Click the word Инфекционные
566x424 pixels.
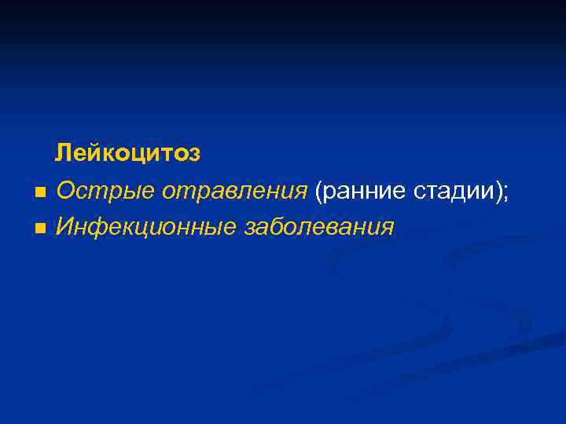click(146, 228)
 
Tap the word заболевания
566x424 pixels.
click(319, 228)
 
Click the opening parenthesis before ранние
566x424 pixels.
click(318, 191)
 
